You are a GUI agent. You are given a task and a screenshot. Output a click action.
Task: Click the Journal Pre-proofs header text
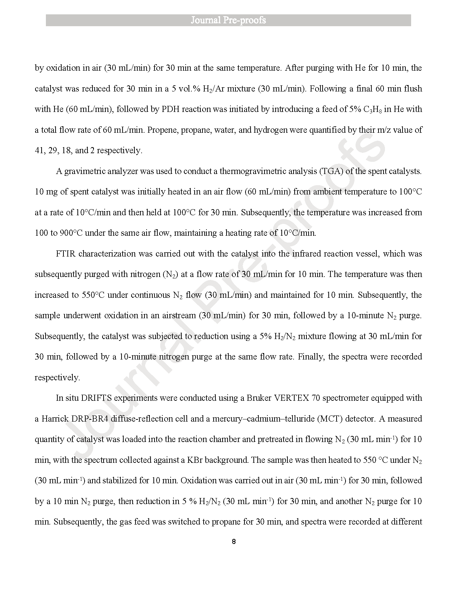228,20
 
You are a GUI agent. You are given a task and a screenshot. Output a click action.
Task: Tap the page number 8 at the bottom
234,542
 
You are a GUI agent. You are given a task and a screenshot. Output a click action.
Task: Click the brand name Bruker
259,398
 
